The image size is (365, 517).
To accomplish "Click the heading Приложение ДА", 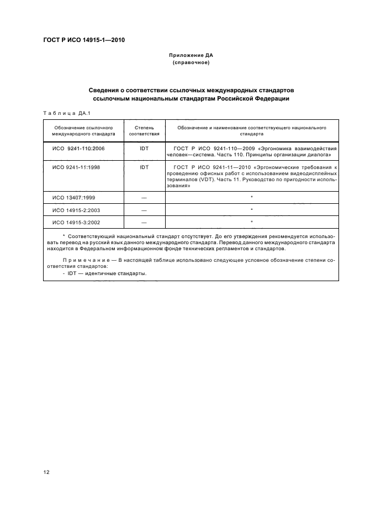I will (x=191, y=56).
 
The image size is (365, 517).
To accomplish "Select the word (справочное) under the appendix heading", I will (x=191, y=63).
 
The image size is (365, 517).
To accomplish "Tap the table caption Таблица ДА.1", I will (x=62, y=114).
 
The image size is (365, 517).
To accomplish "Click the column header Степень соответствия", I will (x=144, y=130).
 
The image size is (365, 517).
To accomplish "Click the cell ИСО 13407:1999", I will (x=73, y=198).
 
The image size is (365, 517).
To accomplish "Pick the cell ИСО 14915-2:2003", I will (x=75, y=210).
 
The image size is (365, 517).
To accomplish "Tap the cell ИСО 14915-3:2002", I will (x=75, y=222).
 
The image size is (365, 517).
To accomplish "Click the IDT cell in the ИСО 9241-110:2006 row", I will (x=144, y=149).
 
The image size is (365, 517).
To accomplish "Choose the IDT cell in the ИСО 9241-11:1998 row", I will (x=144, y=167).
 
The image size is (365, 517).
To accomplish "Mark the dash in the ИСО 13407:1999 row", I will (x=144, y=198).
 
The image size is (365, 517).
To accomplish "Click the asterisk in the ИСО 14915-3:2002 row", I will (x=252, y=222).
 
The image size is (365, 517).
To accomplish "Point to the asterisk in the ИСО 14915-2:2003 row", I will (x=252, y=210).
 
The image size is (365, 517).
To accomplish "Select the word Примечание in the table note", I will (x=82, y=260).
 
